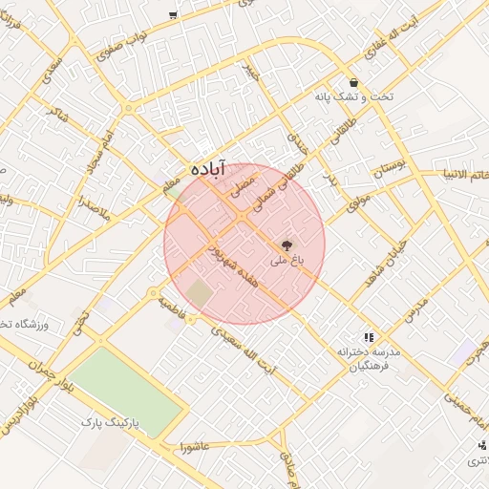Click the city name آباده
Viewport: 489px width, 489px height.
pyautogui.click(x=209, y=167)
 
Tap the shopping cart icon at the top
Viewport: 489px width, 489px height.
pyautogui.click(x=172, y=13)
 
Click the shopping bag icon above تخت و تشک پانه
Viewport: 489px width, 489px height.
pyautogui.click(x=353, y=82)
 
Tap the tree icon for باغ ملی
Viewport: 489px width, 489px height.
pyautogui.click(x=289, y=245)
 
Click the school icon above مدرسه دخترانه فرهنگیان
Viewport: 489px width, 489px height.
pyautogui.click(x=368, y=336)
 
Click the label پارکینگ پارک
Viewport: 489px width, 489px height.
pyautogui.click(x=109, y=421)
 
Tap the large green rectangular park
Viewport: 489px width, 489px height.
pyautogui.click(x=128, y=392)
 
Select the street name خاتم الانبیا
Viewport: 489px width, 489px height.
pyautogui.click(x=464, y=175)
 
